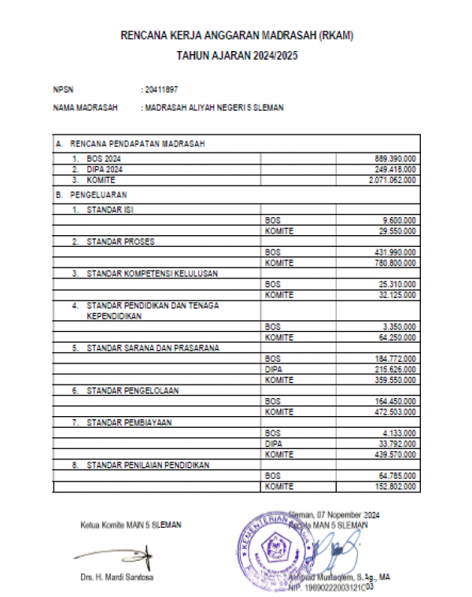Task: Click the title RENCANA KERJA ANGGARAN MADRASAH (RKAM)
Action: tap(236, 35)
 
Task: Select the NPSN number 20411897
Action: tap(162, 89)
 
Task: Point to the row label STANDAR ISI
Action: tap(110, 210)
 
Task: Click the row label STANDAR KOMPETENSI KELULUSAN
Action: tap(152, 274)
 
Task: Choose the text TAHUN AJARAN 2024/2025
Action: tap(236, 57)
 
